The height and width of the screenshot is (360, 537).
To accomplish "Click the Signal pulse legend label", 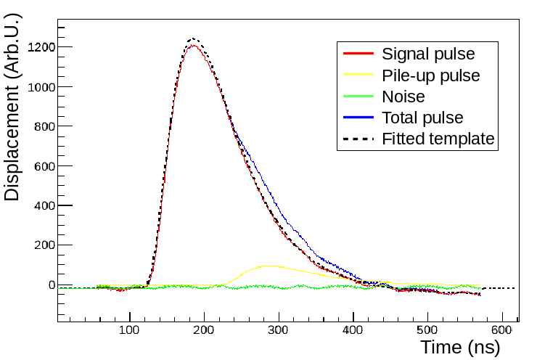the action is [428, 54].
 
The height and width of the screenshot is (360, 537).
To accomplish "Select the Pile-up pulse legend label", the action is [431, 75].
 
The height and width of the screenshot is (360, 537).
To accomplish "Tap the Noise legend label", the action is [403, 97].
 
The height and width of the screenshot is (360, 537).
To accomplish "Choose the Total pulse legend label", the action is [422, 118].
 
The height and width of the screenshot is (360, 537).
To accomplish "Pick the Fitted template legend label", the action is [438, 139].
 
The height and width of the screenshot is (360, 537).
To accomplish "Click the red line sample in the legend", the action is [358, 54].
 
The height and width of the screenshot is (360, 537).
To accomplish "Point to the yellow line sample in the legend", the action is [358, 75].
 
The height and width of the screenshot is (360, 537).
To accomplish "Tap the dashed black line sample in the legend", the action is [358, 139].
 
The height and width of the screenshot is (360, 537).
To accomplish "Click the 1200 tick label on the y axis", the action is [41, 47].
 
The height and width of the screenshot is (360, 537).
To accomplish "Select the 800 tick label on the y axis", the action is [44, 127].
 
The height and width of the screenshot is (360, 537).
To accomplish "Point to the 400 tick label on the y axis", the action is [44, 206].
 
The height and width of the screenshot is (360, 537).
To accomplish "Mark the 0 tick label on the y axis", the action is [52, 285].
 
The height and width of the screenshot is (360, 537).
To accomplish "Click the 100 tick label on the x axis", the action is [129, 330].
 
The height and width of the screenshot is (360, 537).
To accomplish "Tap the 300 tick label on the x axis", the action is [278, 330].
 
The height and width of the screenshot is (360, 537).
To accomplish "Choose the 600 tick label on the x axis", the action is [501, 330].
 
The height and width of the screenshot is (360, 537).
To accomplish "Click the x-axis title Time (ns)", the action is [460, 348].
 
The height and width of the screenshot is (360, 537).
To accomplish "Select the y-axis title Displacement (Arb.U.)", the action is [12, 107].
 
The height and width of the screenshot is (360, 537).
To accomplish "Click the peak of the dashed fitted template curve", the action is [194, 38].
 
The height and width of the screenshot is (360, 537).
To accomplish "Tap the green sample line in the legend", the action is [358, 97].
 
